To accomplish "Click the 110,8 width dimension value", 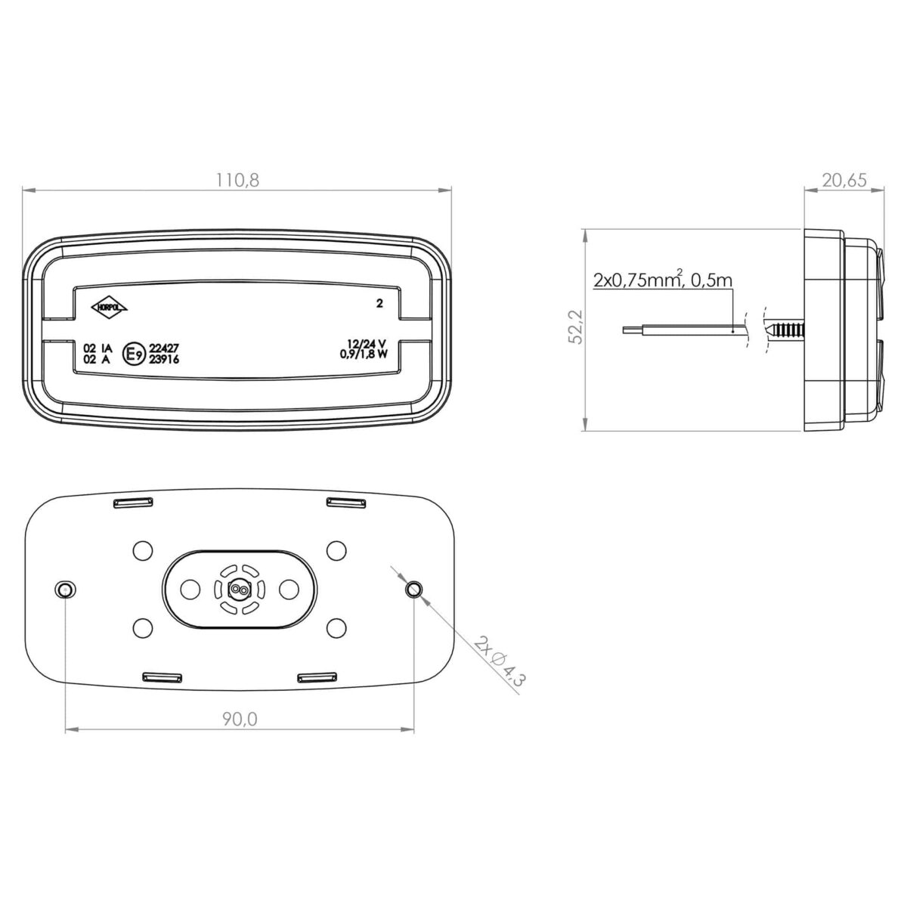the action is (237, 180).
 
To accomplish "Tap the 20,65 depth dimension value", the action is (844, 180).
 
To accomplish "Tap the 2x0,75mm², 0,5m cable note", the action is (663, 280).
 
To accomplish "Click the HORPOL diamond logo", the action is (109, 307).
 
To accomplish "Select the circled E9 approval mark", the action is (133, 354).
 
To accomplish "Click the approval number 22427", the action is (164, 348).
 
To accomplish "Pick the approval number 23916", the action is (164, 359).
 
